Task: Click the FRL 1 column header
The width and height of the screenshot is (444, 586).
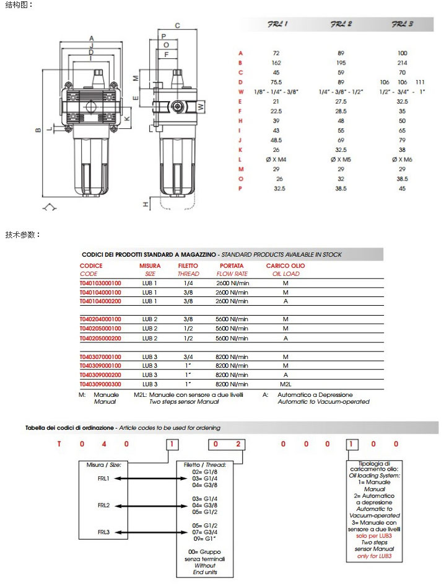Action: point(277,25)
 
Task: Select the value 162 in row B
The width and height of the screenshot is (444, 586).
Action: point(277,63)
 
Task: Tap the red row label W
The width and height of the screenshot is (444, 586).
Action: point(241,91)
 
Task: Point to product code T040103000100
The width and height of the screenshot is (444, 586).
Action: point(101,283)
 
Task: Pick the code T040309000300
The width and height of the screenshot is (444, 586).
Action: point(101,384)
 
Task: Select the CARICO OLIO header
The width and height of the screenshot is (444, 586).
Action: point(285,265)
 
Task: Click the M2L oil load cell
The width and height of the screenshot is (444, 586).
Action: point(285,384)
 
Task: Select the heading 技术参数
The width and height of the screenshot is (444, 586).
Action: point(23,234)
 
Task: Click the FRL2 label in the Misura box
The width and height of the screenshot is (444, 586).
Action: point(103,505)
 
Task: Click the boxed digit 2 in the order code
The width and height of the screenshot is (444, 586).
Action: point(236,444)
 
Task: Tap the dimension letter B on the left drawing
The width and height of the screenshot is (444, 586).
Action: point(38,130)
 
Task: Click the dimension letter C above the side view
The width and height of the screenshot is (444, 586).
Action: point(177,25)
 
